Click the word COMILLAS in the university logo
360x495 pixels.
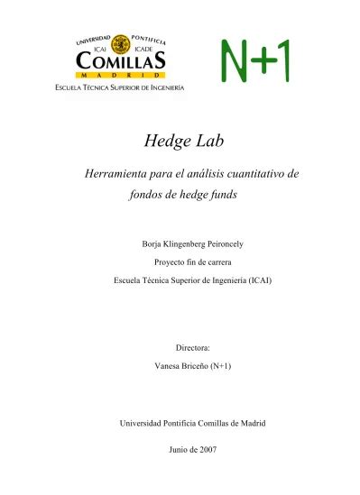pos(121,60)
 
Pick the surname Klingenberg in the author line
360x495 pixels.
pos(179,244)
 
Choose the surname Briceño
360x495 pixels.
pos(197,366)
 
